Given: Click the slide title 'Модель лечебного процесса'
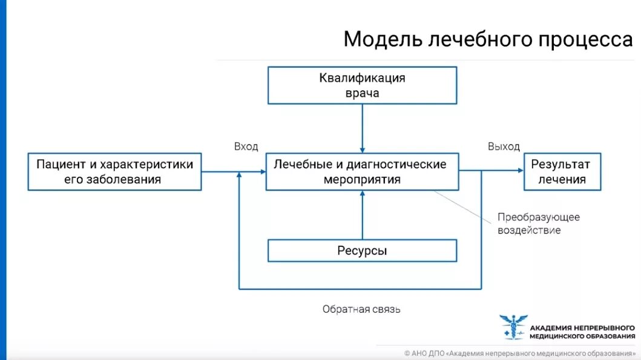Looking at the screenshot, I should pos(488,39).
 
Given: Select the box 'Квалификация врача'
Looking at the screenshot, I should pos(362,85).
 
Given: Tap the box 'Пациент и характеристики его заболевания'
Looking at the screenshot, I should pos(115,172).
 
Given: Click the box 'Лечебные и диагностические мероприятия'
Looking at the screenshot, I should pos(362,172).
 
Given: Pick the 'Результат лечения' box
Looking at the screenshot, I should pos(563,172).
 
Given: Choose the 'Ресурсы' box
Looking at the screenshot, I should pos(362,250).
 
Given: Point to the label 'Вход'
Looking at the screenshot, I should pos(246,146).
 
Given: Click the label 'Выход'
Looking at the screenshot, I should pos(504,146).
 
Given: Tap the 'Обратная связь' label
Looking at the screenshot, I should pos(361,309).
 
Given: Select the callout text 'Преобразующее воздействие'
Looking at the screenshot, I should pos(538,223).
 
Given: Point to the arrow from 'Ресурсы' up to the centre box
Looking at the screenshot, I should pos(362,215).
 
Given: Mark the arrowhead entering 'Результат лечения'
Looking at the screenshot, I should pos(520,171).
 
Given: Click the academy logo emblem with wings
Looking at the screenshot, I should pos(513,327).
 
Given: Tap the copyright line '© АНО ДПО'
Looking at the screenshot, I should pos(520,353).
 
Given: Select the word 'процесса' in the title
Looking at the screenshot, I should pos(585,39).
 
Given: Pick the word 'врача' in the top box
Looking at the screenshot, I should pos(362,93).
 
